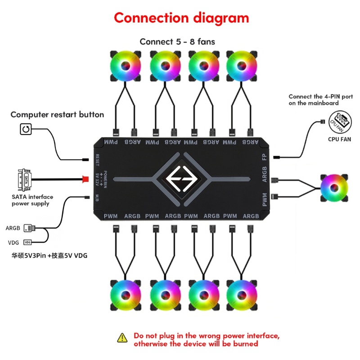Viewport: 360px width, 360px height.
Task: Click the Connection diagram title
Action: click(181, 18)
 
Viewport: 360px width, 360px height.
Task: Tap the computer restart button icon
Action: click(26, 130)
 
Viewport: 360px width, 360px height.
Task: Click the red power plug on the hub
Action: click(85, 179)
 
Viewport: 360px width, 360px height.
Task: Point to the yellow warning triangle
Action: click(122, 337)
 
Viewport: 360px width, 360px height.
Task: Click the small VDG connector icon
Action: click(28, 243)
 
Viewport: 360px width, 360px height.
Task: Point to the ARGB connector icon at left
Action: click(29, 228)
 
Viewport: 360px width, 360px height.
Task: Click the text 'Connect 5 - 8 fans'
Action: click(177, 41)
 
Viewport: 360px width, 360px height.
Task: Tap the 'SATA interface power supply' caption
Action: click(32, 200)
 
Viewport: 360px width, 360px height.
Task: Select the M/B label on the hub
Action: click(97, 197)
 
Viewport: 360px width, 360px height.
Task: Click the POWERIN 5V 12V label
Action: click(101, 179)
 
